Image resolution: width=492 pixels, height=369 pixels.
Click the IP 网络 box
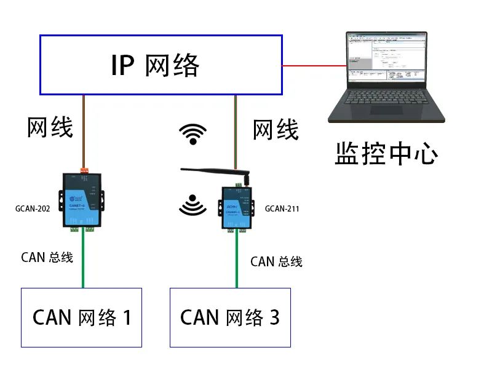[161, 65]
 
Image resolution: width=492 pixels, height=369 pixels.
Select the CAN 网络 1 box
[82, 317]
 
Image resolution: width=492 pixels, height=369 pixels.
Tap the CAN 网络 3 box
[229, 317]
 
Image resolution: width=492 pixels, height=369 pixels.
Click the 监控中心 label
[386, 154]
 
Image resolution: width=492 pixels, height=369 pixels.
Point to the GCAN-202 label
[33, 208]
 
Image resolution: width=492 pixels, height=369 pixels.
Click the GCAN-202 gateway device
[82, 200]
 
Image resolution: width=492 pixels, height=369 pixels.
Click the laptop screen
[386, 58]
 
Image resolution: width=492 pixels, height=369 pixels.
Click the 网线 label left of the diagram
[50, 127]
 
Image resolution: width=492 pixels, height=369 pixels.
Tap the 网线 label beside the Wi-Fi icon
[276, 130]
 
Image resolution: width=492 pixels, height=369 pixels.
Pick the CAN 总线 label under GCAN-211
[276, 261]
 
